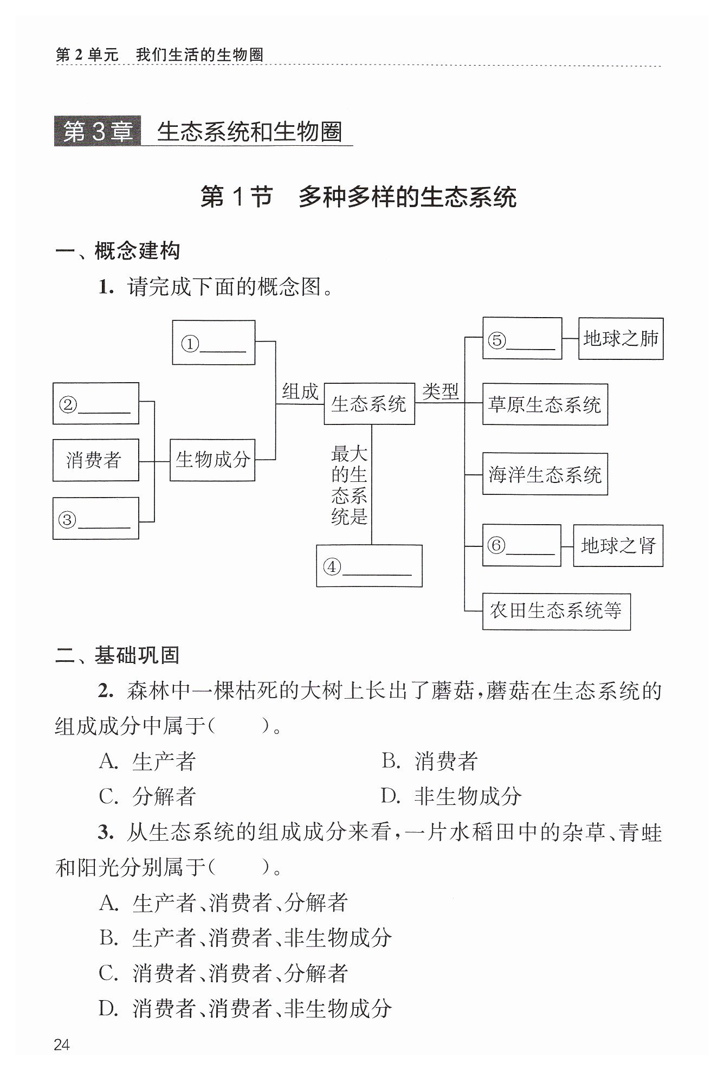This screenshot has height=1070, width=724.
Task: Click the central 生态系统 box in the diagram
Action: point(370,404)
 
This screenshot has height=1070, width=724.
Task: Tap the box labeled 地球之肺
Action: point(621,339)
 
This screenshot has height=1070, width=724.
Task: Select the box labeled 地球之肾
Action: point(618,545)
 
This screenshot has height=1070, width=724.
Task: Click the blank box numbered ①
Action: point(214,343)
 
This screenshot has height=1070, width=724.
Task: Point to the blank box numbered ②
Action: point(96,403)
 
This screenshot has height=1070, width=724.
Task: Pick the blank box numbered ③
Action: point(96,518)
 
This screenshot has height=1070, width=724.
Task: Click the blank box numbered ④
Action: point(370,566)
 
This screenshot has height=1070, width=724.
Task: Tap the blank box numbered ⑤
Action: point(522,338)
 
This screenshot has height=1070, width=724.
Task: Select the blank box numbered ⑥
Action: point(522,545)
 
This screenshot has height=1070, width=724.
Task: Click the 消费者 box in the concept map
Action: point(96,460)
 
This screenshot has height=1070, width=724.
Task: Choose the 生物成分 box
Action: point(212,460)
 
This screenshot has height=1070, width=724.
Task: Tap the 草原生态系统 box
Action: point(545,404)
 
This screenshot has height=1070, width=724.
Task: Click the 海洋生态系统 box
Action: point(545,474)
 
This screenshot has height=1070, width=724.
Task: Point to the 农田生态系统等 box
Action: point(557,611)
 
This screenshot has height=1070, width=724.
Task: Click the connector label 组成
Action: point(300,391)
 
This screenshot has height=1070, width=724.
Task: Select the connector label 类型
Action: point(441,391)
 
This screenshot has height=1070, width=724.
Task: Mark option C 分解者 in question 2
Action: point(147,796)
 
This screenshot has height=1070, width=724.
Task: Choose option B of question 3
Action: point(245,938)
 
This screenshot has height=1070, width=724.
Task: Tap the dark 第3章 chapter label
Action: point(98,132)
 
